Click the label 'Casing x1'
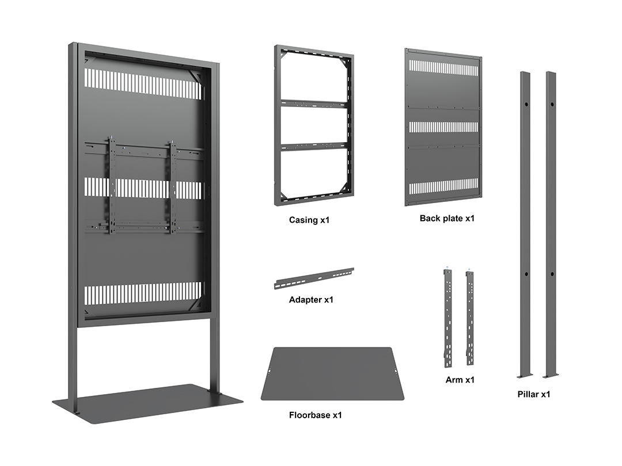[309, 220]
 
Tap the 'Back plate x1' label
[447, 219]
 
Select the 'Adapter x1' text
[311, 300]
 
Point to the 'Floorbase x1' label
[316, 415]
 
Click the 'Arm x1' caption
[460, 380]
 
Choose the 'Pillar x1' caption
[533, 394]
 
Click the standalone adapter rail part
[314, 278]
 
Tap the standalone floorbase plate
[332, 374]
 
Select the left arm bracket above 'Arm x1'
[448, 318]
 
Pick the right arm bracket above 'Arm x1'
[470, 318]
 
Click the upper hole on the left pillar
[526, 105]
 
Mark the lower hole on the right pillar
[552, 274]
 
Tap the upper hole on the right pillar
[552, 105]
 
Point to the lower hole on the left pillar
[526, 274]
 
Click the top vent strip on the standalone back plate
[443, 68]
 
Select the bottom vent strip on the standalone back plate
[443, 188]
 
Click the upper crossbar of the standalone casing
[314, 104]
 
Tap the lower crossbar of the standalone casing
[314, 147]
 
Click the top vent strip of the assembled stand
[142, 84]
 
